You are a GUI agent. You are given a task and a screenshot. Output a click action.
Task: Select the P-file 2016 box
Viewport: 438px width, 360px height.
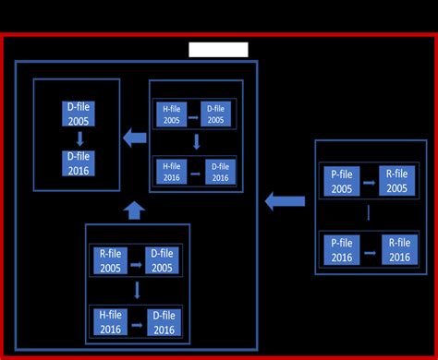340,250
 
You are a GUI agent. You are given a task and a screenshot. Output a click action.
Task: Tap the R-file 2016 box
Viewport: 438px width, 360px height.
398,250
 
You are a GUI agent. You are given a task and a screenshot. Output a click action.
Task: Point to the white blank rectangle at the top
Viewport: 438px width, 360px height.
218,50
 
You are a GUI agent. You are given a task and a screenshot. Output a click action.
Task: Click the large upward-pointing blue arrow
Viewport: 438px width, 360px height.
134,210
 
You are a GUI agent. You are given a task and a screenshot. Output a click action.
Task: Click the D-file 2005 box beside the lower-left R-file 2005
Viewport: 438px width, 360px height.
162,260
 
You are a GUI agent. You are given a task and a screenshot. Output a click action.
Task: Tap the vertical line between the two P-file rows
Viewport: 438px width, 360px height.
369,214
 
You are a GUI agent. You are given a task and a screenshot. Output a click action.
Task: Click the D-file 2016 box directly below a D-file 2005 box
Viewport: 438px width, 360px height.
78,162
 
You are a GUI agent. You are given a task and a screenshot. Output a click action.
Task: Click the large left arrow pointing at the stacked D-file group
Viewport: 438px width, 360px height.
135,138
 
